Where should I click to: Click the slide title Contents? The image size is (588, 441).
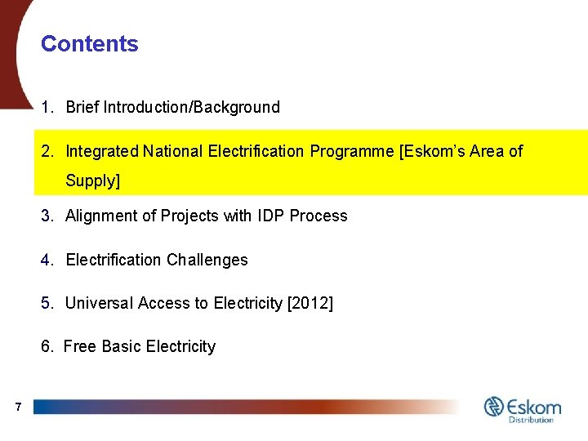pyautogui.click(x=90, y=44)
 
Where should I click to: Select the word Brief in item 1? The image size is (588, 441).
pyautogui.click(x=82, y=107)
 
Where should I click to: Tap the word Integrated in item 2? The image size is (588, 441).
pyautogui.click(x=102, y=151)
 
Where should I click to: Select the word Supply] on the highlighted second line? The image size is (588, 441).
pyautogui.click(x=92, y=180)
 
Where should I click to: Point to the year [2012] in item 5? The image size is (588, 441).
pyautogui.click(x=310, y=304)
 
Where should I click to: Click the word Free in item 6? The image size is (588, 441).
pyautogui.click(x=79, y=347)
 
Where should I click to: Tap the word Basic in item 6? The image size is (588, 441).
pyautogui.click(x=119, y=347)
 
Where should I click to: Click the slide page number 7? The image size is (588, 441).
pyautogui.click(x=17, y=406)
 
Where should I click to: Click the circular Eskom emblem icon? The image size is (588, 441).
pyautogui.click(x=495, y=406)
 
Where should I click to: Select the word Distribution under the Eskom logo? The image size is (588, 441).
pyautogui.click(x=531, y=420)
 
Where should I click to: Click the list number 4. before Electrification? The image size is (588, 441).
pyautogui.click(x=47, y=261)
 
